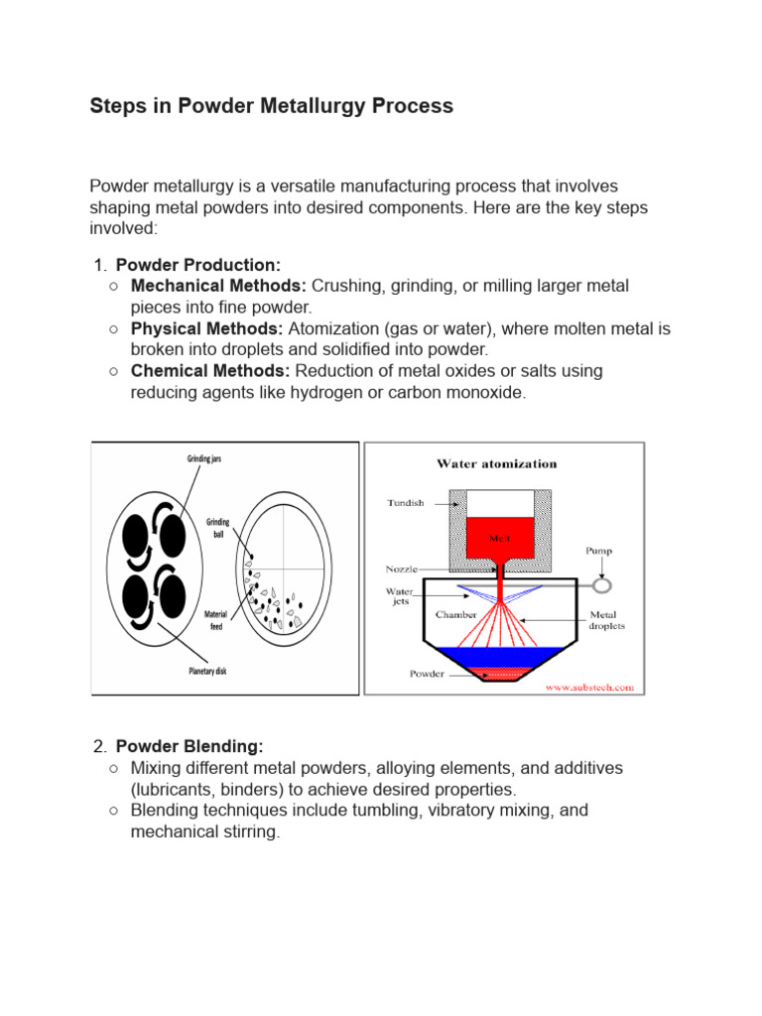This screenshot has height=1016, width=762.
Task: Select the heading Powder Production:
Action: pyautogui.click(x=198, y=265)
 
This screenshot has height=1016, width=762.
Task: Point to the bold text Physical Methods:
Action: pyautogui.click(x=206, y=328)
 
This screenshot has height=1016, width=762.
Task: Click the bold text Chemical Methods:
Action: pyautogui.click(x=210, y=371)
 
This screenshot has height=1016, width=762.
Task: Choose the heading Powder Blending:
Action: pyautogui.click(x=190, y=746)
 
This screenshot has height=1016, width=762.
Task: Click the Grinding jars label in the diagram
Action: pyautogui.click(x=211, y=458)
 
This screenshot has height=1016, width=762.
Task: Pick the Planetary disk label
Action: pyautogui.click(x=207, y=672)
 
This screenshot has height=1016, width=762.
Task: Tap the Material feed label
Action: pyautogui.click(x=215, y=620)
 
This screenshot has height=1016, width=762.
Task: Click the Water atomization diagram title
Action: pyautogui.click(x=497, y=463)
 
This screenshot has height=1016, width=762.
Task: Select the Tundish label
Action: pyautogui.click(x=405, y=503)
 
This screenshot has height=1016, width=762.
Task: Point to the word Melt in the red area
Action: pyautogui.click(x=499, y=537)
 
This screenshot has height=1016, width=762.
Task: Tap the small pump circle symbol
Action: pyautogui.click(x=602, y=585)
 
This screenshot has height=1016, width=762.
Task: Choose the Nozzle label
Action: pyautogui.click(x=402, y=570)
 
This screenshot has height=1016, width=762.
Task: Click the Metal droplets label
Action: pyautogui.click(x=607, y=620)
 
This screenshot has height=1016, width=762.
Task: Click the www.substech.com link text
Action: pyautogui.click(x=588, y=686)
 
